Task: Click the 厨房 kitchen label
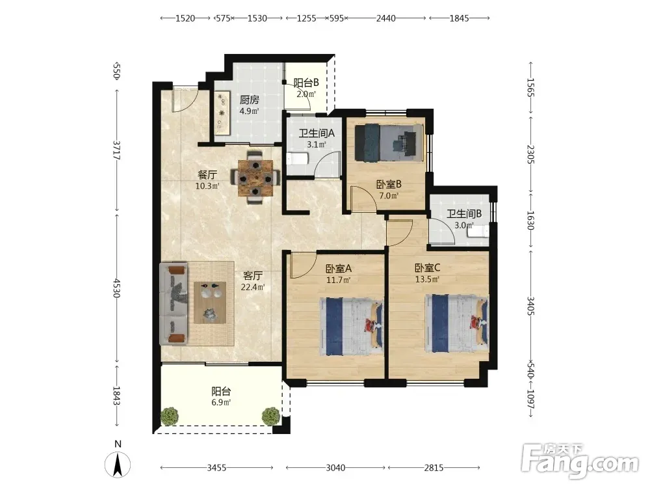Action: [250, 100]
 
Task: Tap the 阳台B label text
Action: [306, 83]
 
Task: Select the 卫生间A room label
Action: [317, 133]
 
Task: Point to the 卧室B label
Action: [389, 184]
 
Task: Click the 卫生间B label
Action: [464, 214]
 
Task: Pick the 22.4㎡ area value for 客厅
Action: [253, 287]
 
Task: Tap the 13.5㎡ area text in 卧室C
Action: [428, 279]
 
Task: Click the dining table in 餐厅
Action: [255, 178]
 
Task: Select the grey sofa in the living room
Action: [174, 303]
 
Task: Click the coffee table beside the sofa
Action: [210, 303]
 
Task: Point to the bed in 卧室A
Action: [351, 326]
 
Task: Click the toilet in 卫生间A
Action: [297, 159]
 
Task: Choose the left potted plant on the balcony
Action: [170, 416]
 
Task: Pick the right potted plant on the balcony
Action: [270, 416]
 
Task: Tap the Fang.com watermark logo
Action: [580, 461]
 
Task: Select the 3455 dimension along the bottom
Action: [216, 468]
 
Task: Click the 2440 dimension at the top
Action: [385, 18]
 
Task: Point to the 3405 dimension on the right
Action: [531, 306]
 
